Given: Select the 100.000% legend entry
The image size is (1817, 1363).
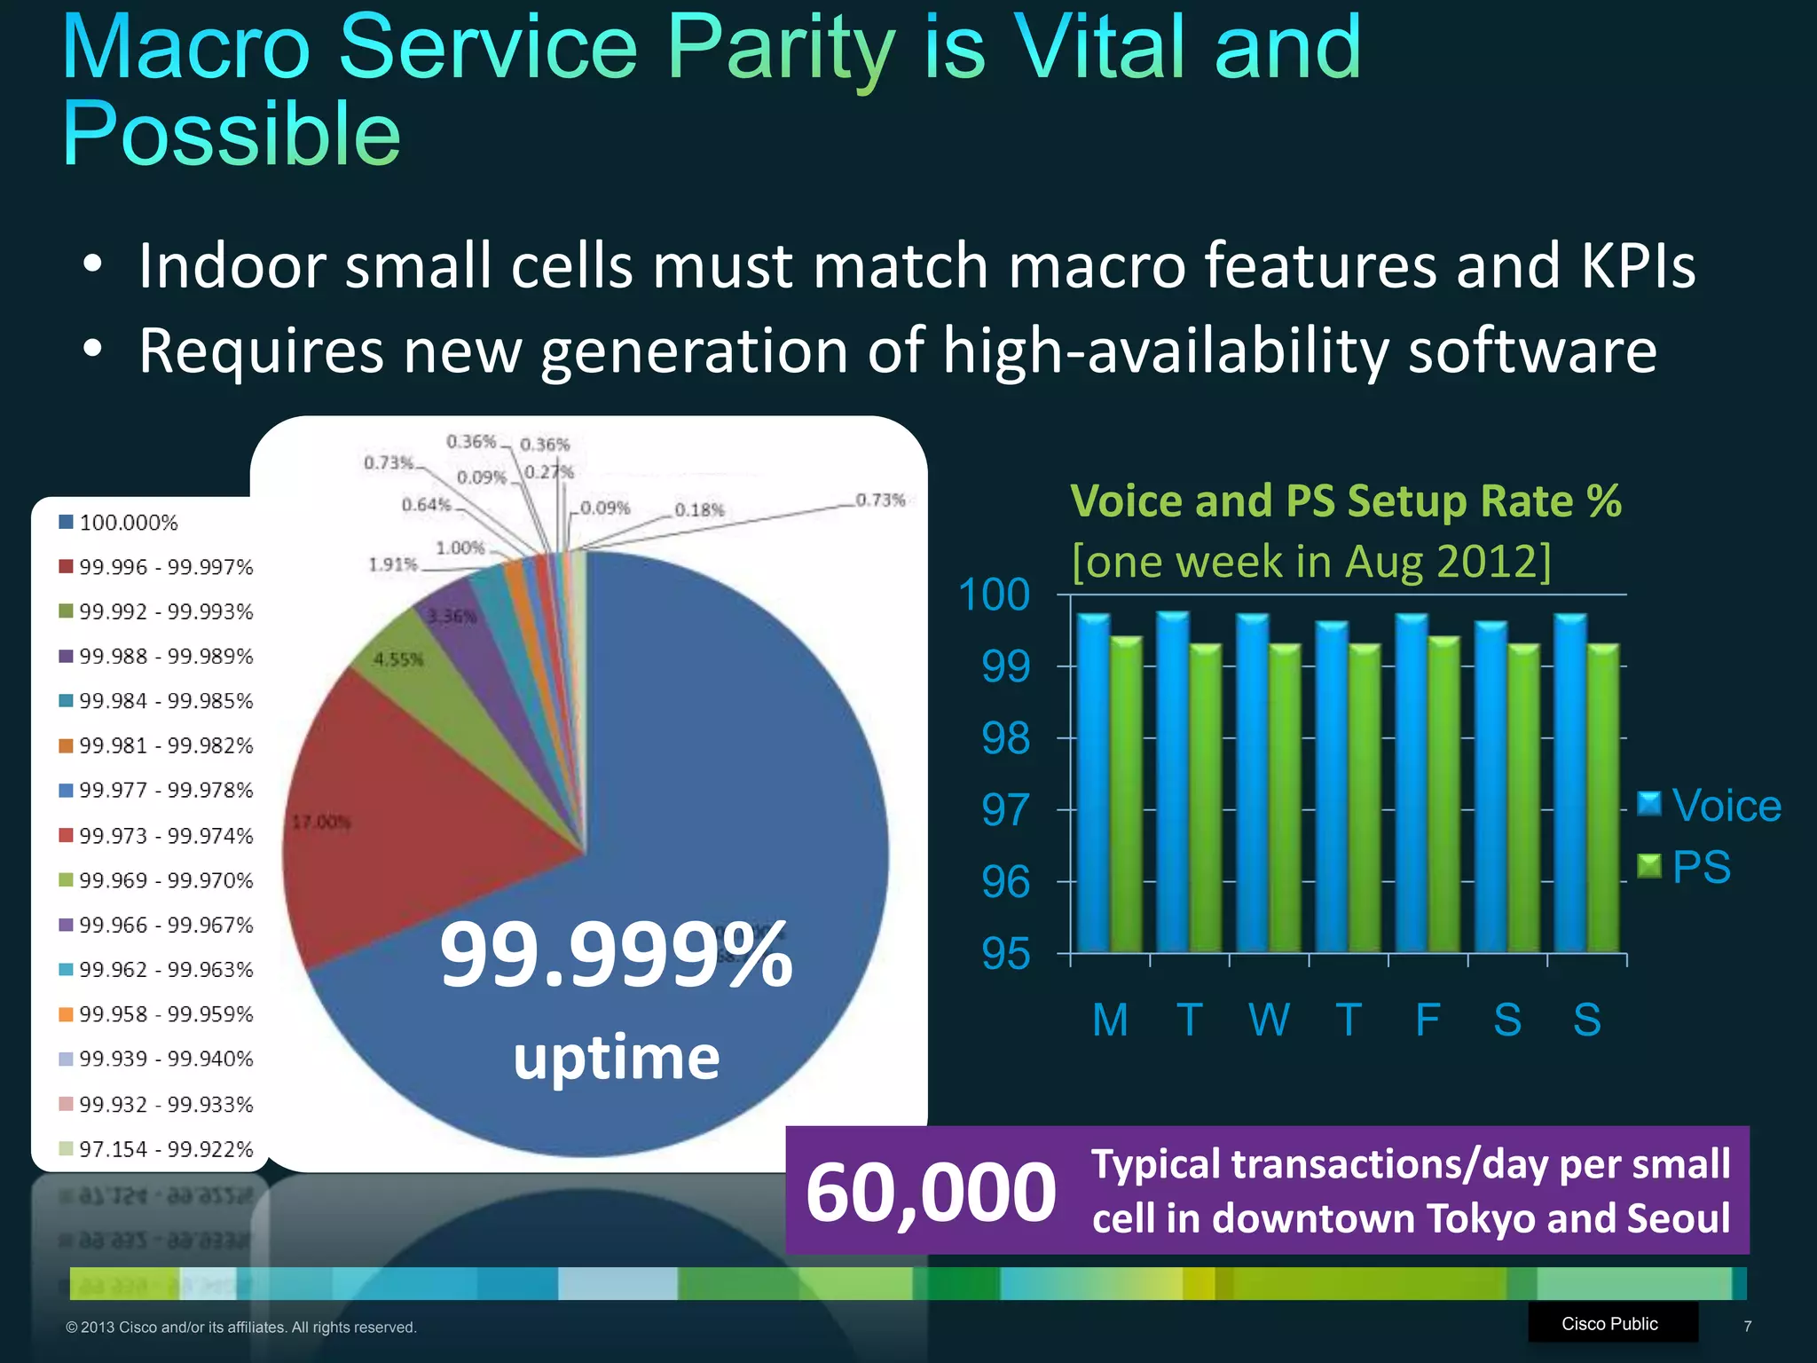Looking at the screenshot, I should point(129,523).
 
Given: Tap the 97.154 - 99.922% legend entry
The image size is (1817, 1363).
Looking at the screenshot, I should point(165,1149).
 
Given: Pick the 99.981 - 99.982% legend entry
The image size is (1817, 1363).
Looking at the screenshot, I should point(165,745).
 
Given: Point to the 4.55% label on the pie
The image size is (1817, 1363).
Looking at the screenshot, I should point(398,659).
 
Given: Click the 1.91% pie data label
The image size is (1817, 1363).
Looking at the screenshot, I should point(392,564).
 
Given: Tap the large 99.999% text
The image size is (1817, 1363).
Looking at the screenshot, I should point(616,955).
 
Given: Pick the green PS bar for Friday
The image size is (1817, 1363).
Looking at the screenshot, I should point(1443,794).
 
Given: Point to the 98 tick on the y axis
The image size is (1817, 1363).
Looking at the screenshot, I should point(1005,738).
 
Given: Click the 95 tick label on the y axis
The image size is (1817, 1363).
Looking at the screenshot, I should point(1005,955).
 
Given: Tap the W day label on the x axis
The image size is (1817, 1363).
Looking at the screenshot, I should point(1269,1020).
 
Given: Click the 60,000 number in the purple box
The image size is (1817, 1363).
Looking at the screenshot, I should point(930,1193).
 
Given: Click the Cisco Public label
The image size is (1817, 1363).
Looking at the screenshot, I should point(1609,1323).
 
